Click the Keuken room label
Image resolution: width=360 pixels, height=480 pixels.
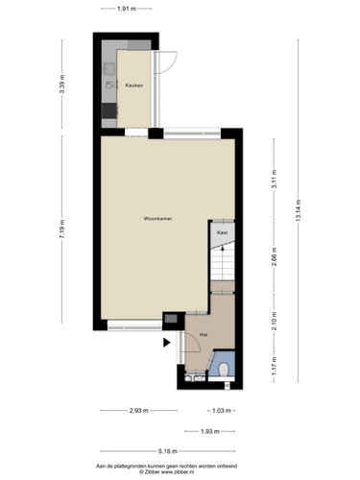(134, 85)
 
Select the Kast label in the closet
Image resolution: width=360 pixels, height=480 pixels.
(222, 232)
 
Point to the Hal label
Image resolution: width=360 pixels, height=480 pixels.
(204, 335)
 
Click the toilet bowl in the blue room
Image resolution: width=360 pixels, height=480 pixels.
(224, 370)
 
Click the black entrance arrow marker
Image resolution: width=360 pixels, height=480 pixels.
(166, 343)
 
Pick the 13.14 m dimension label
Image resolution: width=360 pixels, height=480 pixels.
(299, 210)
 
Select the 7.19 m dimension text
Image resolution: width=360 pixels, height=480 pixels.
(62, 228)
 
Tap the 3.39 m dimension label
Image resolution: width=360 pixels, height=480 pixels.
(62, 84)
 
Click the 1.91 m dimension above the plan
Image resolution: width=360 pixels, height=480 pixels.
(127, 9)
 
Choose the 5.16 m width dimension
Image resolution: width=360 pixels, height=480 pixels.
(168, 451)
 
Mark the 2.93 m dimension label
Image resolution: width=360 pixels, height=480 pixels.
(139, 411)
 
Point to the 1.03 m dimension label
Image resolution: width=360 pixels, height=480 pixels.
(222, 411)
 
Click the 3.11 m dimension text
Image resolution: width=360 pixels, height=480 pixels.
(275, 180)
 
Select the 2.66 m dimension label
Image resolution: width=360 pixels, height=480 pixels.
(275, 256)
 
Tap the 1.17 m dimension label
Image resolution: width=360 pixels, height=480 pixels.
(275, 367)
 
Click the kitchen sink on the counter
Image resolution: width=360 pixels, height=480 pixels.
(109, 68)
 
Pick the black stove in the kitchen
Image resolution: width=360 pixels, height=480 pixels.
(109, 110)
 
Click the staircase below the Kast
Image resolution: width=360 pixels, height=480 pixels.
(223, 262)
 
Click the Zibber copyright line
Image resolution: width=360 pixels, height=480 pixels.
(166, 471)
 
